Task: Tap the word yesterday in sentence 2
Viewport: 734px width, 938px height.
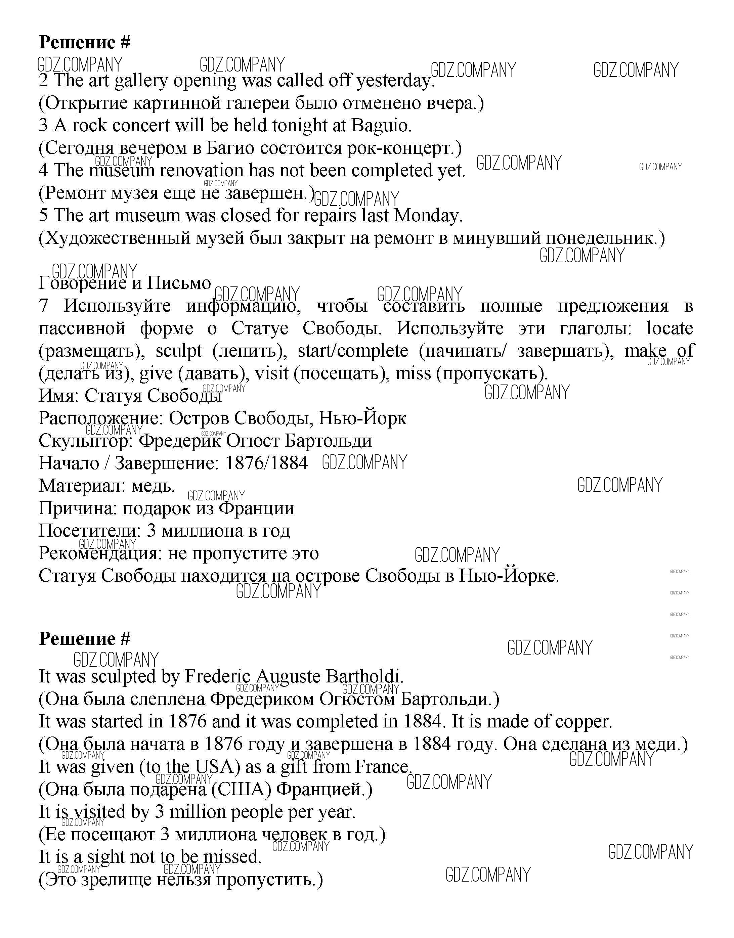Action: tap(395, 81)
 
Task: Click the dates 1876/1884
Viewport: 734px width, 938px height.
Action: tap(267, 463)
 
